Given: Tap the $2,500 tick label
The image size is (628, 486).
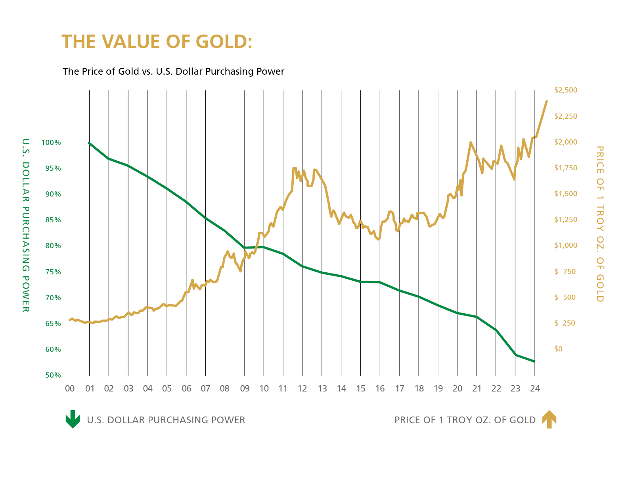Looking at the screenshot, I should [565, 90].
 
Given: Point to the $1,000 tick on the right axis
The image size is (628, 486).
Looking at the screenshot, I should [565, 245].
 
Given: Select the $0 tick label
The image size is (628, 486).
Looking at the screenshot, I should [558, 349].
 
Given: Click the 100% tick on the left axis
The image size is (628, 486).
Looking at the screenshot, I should [51, 143].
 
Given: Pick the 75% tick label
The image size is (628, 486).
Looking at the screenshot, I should [53, 272].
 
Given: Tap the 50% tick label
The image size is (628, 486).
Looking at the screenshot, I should [53, 375].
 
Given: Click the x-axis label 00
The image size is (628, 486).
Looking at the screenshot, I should [70, 389].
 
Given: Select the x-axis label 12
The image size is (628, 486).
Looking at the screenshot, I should [302, 389].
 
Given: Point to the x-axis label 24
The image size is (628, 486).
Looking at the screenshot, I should [535, 389].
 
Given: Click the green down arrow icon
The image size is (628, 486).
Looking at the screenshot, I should [73, 419].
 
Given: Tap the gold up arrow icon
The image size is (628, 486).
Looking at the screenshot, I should [549, 419].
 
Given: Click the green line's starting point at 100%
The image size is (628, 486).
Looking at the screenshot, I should [89, 143].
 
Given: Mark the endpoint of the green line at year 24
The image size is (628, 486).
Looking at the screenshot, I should [534, 361].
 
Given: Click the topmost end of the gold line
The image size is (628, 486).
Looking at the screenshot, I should [547, 101].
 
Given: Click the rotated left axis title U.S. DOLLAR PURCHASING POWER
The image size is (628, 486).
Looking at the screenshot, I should [26, 225].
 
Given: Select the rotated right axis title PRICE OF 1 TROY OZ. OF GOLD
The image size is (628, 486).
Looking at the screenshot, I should [600, 224].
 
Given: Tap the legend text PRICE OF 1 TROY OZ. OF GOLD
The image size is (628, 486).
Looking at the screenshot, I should [465, 420].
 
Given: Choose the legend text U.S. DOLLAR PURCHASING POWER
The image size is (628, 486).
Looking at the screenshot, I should [166, 420].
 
